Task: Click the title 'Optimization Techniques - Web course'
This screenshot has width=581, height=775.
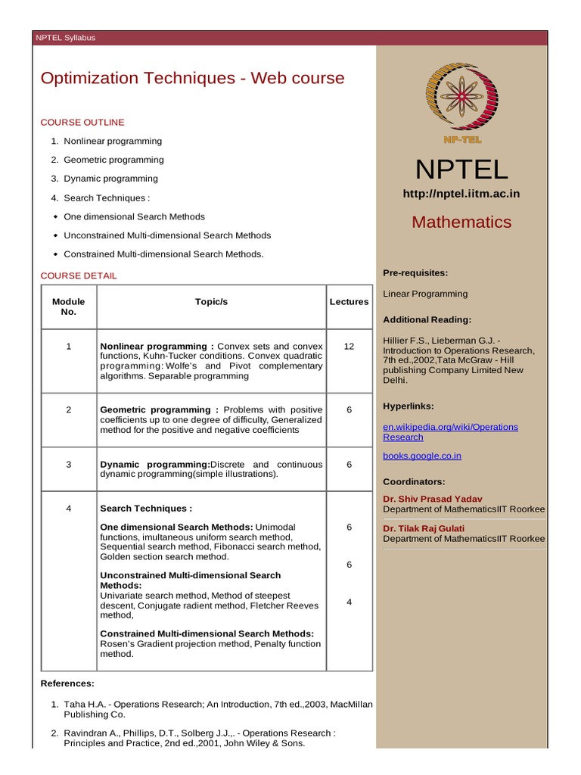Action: coord(192,78)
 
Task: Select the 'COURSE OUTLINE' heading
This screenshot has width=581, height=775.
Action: coord(82,122)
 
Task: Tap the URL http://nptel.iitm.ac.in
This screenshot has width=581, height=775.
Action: coord(461,194)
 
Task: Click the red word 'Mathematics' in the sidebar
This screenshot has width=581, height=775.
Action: coord(461,222)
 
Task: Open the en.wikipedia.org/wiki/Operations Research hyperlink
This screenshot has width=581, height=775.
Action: coord(450,431)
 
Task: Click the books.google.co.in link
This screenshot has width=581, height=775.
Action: coord(422,456)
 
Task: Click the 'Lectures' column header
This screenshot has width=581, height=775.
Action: coord(349,301)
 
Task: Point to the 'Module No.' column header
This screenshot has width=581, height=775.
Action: coord(68,307)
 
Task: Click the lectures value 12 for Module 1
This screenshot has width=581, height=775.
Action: coord(349,346)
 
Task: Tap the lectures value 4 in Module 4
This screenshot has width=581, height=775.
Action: coord(349,602)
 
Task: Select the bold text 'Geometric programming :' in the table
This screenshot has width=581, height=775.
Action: coord(160,409)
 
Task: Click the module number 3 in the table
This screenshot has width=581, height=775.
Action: coord(68,464)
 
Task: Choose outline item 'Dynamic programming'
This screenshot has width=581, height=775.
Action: coord(110,179)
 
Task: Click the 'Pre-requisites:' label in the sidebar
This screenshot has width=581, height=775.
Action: coord(415,272)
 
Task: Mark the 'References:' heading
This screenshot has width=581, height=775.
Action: coord(67,683)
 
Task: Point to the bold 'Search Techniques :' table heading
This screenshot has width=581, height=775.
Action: coord(146,508)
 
